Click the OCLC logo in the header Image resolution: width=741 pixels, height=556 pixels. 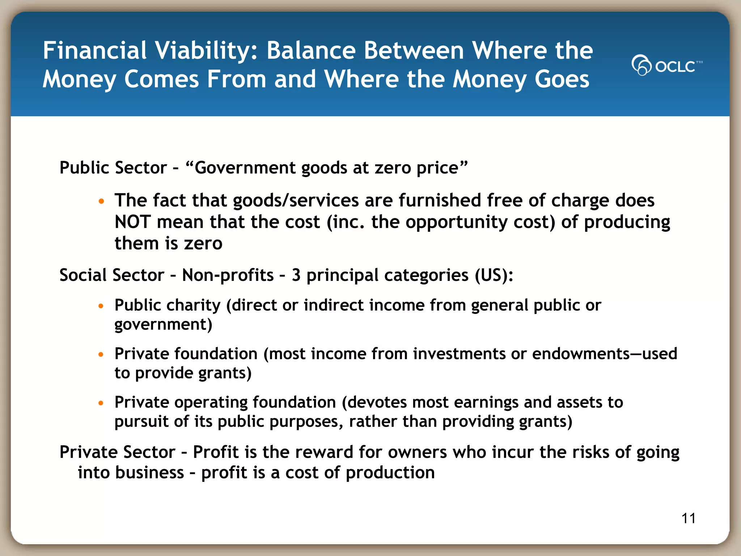(x=666, y=66)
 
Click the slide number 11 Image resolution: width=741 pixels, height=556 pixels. (x=688, y=518)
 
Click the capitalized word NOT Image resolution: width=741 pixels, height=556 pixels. (x=132, y=222)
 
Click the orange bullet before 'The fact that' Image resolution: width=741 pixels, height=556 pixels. (x=101, y=201)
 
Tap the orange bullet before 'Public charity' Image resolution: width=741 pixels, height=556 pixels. (x=101, y=306)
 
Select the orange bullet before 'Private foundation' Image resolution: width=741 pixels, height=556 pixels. (x=101, y=354)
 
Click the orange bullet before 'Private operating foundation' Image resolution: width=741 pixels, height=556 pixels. (x=101, y=403)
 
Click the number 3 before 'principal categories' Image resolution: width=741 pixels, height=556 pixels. (x=296, y=275)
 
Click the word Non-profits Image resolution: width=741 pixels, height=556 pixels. (x=228, y=275)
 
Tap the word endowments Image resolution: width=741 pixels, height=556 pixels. (x=581, y=354)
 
